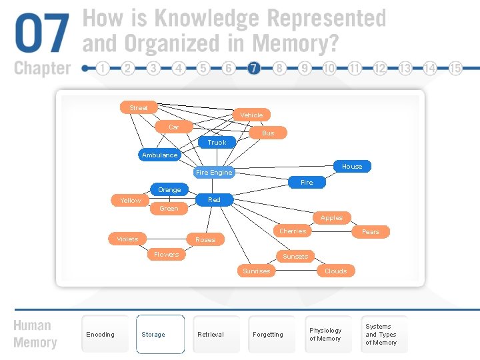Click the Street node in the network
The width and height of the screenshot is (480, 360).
[x=138, y=107]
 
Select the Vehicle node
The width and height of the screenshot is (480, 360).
[x=251, y=115]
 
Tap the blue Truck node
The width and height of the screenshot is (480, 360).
[x=217, y=142]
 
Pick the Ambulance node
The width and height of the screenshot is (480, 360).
[x=159, y=155]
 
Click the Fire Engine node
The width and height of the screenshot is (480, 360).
[x=213, y=172]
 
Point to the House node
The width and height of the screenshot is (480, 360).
[x=352, y=166]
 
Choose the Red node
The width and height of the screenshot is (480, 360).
[x=214, y=199]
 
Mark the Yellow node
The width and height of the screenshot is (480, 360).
[x=131, y=200]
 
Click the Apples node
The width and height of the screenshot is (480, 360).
[x=331, y=217]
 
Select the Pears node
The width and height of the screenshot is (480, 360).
[x=370, y=231]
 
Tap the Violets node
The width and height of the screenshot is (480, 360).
[x=127, y=239]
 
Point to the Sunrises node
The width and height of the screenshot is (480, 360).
[x=257, y=271]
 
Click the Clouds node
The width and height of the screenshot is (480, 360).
[x=335, y=271]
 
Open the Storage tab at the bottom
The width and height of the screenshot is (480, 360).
[x=160, y=334]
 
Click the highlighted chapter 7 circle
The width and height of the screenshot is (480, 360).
[x=254, y=68]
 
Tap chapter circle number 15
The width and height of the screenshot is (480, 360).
[x=456, y=68]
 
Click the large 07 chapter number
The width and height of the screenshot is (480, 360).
[x=41, y=35]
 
